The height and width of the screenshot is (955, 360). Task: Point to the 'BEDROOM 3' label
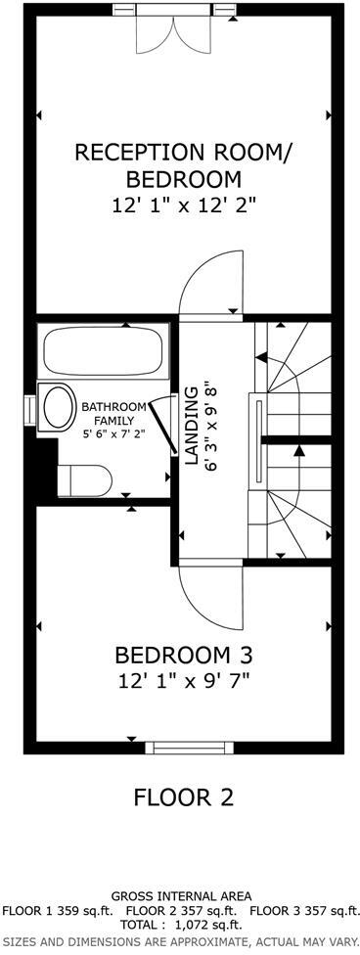coord(183,655)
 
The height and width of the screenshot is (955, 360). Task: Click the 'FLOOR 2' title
coord(184,796)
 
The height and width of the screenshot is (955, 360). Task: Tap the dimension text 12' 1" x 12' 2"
coord(184,205)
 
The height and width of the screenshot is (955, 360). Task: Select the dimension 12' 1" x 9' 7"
coord(183,680)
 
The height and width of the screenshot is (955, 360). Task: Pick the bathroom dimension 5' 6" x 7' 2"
coord(113,433)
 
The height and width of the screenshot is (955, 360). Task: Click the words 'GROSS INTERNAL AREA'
coord(181,895)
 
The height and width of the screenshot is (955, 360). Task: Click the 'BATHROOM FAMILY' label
coord(113,413)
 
